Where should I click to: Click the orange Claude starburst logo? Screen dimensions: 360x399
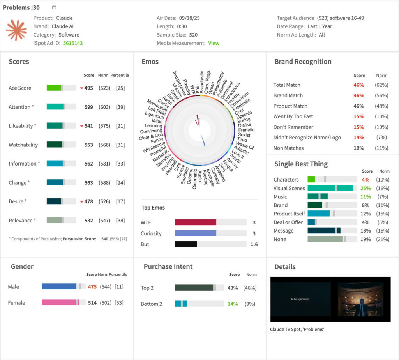[x=16, y=30]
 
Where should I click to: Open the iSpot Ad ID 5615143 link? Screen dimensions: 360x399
[x=73, y=43]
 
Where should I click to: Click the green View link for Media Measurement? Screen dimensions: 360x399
[x=214, y=43]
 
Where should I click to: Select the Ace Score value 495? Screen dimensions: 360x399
[x=88, y=88]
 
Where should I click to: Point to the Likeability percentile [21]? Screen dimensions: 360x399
[x=120, y=126]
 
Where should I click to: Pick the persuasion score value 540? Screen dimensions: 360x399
[x=104, y=239]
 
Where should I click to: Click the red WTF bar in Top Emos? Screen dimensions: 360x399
[x=195, y=222]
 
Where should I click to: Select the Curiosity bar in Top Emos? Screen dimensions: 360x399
[x=195, y=233]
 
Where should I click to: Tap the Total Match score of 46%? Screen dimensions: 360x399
[x=359, y=85]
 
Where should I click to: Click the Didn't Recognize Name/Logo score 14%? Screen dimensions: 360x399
[x=359, y=138]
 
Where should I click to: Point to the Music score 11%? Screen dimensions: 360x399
[x=365, y=197]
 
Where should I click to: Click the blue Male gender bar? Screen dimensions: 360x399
[x=59, y=287]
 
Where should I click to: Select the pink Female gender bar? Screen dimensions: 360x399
[x=59, y=303]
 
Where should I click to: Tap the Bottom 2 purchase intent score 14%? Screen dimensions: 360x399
[x=233, y=304]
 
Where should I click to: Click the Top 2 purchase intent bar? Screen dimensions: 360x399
[x=194, y=288]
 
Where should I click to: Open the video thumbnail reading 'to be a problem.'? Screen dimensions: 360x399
[x=300, y=299]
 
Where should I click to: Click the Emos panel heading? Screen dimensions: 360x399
[x=150, y=62]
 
